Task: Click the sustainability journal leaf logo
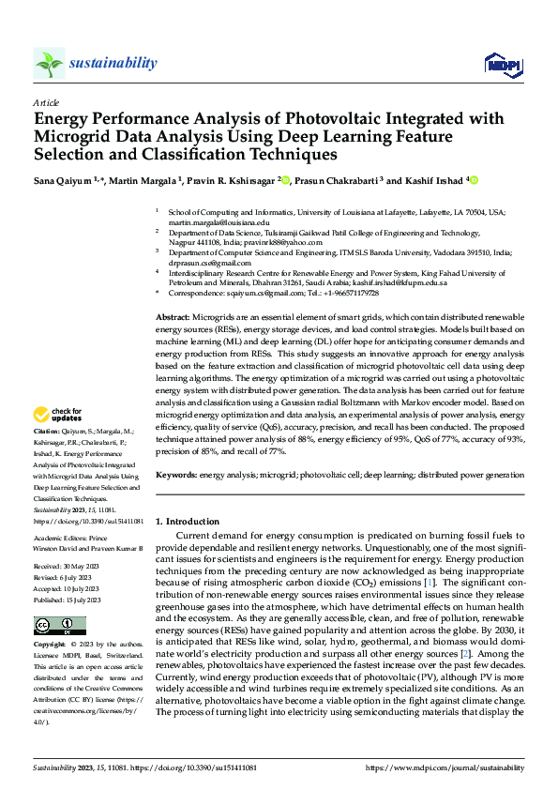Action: tap(50, 64)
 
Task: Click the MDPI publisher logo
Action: tap(500, 64)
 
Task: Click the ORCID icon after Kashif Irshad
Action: tap(474, 179)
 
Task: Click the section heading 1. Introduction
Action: tap(188, 521)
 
